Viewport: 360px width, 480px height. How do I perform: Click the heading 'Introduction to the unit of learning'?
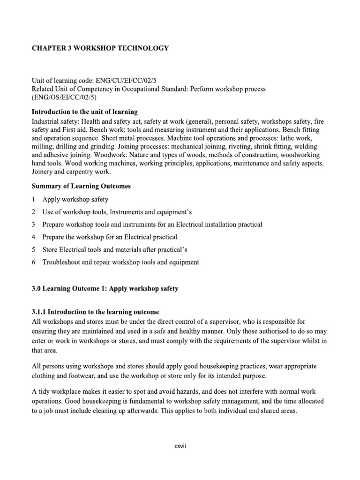84,112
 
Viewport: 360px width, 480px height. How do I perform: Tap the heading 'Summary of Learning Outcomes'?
81,186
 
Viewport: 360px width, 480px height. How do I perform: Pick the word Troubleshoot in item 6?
62,262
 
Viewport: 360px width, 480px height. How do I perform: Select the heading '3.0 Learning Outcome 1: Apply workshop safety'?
105,289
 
